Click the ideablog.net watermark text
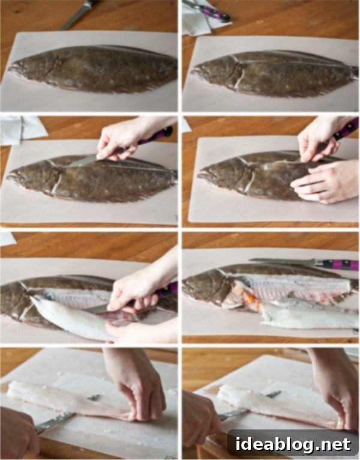point(293,444)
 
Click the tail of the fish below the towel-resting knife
point(354,71)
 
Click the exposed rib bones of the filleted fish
point(293,289)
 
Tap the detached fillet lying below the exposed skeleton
point(308,318)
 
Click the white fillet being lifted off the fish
point(70,318)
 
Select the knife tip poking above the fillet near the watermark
point(274,395)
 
